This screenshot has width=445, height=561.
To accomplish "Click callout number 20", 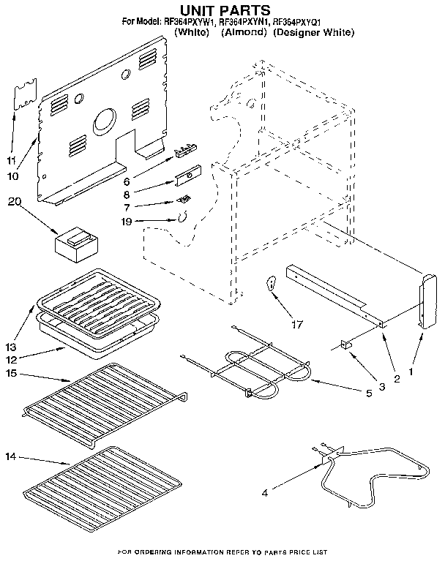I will [x=13, y=203].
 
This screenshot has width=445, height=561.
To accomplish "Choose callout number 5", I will [x=370, y=393].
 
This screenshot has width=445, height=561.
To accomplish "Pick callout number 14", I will [x=9, y=457].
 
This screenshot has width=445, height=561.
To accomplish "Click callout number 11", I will [x=11, y=159].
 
